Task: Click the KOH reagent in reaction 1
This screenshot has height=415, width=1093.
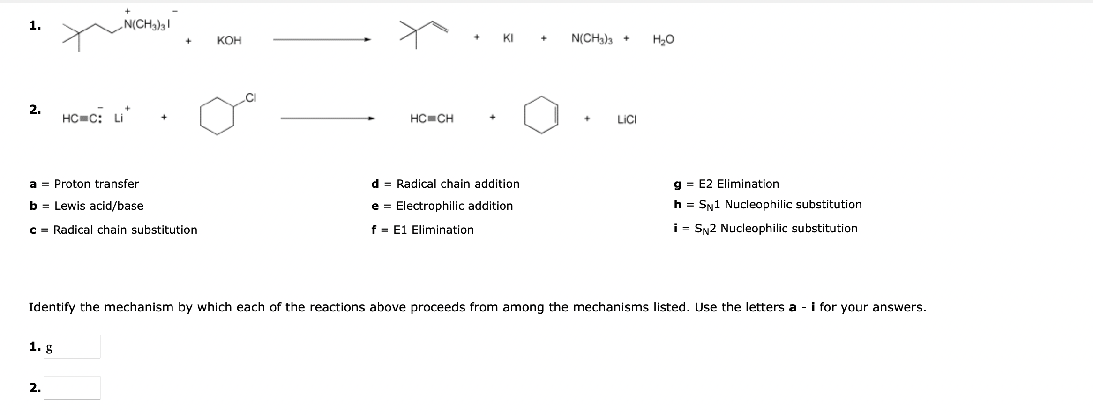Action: pyautogui.click(x=229, y=41)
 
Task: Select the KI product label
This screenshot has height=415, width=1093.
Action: pyautogui.click(x=508, y=38)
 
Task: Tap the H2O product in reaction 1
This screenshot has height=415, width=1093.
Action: pyautogui.click(x=663, y=40)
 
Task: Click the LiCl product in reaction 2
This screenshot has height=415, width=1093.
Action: pyautogui.click(x=627, y=120)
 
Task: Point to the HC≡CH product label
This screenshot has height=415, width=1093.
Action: pyautogui.click(x=432, y=119)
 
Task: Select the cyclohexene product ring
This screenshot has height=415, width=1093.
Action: pyautogui.click(x=541, y=115)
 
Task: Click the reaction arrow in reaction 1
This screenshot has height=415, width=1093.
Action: pyautogui.click(x=322, y=40)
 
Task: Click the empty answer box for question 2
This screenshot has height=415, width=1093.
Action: pyautogui.click(x=72, y=388)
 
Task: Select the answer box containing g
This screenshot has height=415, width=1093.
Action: pyautogui.click(x=72, y=347)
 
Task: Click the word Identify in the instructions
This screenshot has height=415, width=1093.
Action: pyautogui.click(x=52, y=307)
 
